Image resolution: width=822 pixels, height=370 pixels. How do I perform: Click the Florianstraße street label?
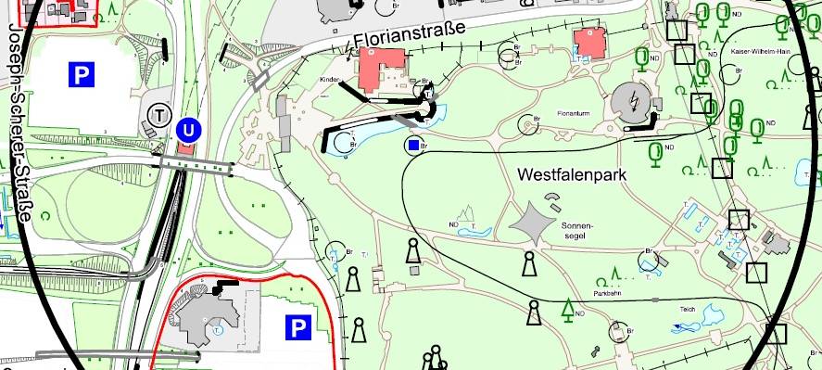click(409, 40)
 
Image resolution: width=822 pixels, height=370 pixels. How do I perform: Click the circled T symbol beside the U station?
click(160, 114)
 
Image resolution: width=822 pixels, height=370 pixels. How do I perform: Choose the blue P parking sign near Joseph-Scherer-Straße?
click(82, 74)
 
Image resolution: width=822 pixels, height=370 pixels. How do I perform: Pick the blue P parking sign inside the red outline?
click(297, 326)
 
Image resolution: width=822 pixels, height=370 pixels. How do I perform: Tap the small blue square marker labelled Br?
click(413, 145)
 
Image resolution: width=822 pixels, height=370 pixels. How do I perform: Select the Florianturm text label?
click(574, 113)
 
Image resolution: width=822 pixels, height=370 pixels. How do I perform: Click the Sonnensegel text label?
click(575, 229)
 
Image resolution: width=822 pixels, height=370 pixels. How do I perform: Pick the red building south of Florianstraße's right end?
click(588, 42)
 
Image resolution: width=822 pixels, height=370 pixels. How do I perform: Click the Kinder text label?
click(330, 81)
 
